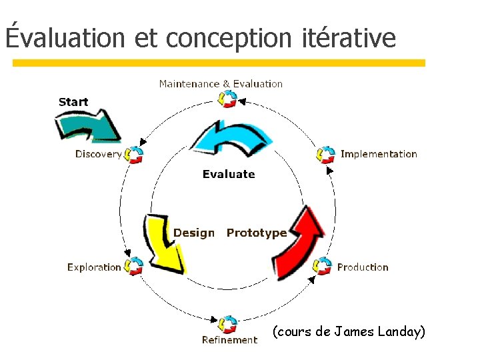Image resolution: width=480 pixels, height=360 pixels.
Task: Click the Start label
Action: click(73, 102)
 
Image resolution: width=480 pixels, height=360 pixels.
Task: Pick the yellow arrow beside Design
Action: click(164, 243)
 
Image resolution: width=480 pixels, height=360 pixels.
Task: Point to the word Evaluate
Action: click(229, 174)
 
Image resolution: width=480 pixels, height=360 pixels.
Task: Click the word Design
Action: click(194, 233)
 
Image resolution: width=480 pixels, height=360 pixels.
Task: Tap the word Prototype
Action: click(257, 233)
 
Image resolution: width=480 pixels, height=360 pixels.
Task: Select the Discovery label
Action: click(98, 154)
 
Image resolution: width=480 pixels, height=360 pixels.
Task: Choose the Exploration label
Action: click(94, 267)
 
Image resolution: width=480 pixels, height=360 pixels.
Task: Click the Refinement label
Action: click(229, 340)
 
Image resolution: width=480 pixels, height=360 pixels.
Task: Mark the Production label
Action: click(363, 267)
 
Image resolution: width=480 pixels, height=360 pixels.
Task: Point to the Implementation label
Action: click(379, 154)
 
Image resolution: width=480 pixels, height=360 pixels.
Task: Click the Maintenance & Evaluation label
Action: click(221, 84)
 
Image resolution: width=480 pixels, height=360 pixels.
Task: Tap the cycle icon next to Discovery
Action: click(135, 155)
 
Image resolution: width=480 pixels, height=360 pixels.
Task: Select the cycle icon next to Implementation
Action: click(325, 155)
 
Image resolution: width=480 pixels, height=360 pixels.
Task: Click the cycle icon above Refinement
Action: click(228, 324)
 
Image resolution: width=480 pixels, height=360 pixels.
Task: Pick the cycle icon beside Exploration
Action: click(135, 267)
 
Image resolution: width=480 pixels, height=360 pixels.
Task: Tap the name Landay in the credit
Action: click(398, 331)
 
